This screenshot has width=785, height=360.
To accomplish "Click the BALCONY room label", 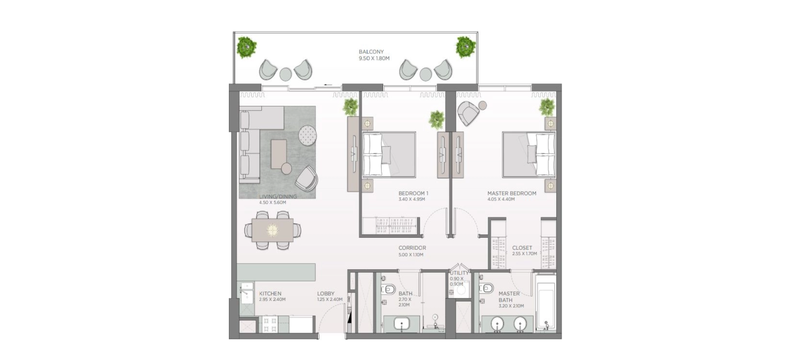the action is coord(371,52).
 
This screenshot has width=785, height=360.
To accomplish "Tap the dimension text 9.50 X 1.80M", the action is coord(374,58).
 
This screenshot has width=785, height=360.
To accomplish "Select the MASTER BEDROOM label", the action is coord(512,193).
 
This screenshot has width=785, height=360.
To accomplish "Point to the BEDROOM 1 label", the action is coord(413,193).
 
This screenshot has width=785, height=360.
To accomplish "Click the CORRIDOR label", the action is coord(412,248).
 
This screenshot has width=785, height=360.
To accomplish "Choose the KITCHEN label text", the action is coord(270,293).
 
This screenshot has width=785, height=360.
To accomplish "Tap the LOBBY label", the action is coord(325,293).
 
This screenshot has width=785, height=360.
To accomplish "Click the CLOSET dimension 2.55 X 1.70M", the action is coord(524,253).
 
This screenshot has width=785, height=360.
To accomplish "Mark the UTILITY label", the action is coord(459,273).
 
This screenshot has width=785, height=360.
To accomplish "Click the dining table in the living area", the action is coord(272,230).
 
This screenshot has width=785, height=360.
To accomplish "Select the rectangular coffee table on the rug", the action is coord(279,154).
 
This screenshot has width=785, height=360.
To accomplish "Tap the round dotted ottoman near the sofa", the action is coord(307,135).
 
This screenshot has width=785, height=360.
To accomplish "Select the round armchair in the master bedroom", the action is coord(468,113).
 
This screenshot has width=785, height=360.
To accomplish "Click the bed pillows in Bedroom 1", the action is coord(372,155).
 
